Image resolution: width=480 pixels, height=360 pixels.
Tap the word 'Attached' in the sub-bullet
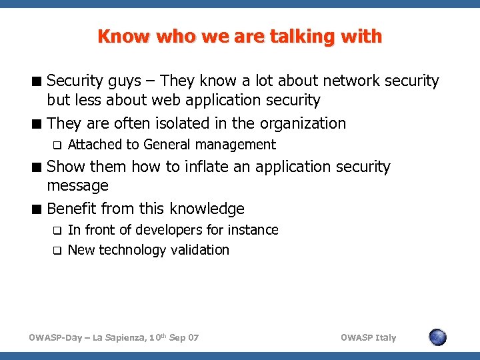(95, 145)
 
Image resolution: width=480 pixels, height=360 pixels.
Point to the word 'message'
(78, 185)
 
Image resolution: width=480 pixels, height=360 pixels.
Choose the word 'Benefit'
(76, 209)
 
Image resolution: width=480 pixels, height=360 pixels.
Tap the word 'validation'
(197, 250)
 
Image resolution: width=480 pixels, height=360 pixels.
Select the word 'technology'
(131, 250)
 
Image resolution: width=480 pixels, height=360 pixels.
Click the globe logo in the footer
(437, 337)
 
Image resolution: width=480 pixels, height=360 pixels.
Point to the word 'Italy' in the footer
(385, 338)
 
